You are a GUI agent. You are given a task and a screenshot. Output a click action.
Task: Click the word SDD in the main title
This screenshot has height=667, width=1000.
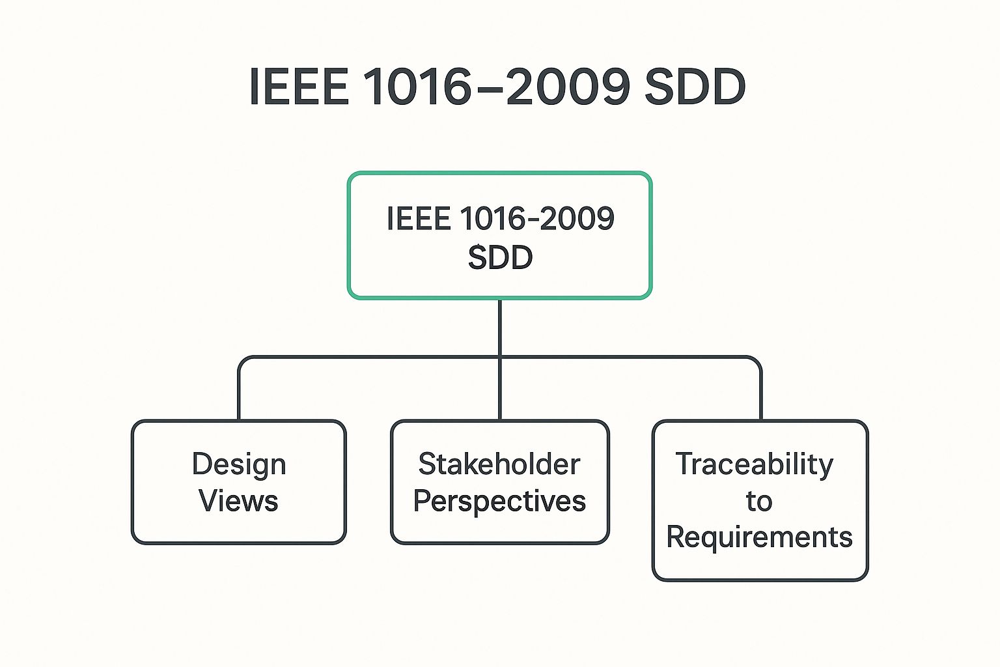pyautogui.click(x=695, y=87)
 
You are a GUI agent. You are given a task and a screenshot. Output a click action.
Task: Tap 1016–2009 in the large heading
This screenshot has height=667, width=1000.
pyautogui.click(x=496, y=87)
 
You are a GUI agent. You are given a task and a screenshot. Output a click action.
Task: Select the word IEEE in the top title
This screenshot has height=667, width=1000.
pyautogui.click(x=299, y=87)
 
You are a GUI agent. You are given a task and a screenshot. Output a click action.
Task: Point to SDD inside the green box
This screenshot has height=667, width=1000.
pyautogui.click(x=500, y=258)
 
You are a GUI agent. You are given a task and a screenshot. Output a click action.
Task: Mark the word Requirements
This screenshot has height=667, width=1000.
pyautogui.click(x=760, y=538)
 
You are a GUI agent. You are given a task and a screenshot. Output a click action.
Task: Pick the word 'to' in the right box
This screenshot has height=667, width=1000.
pyautogui.click(x=759, y=502)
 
